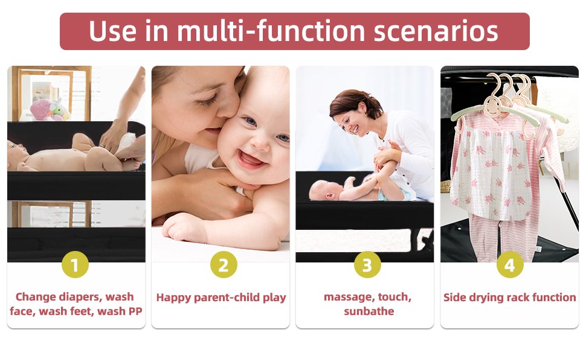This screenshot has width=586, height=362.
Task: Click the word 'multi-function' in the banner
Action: click(271, 31)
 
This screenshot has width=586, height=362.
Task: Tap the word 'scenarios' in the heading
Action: click(436, 31)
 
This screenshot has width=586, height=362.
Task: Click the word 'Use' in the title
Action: click(113, 31)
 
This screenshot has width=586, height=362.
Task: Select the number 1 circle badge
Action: click(75, 265)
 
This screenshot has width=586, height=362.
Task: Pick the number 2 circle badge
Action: click(224, 265)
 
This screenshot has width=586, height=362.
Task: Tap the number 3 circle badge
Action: click(367, 265)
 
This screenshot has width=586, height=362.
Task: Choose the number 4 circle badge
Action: click(510, 265)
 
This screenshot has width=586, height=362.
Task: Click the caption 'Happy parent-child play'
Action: click(221, 297)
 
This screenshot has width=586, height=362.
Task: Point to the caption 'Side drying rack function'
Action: click(509, 297)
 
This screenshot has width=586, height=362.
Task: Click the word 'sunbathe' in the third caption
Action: click(369, 311)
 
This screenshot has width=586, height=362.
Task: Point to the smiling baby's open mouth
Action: click(250, 159)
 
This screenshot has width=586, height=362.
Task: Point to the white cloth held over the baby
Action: click(126, 144)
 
